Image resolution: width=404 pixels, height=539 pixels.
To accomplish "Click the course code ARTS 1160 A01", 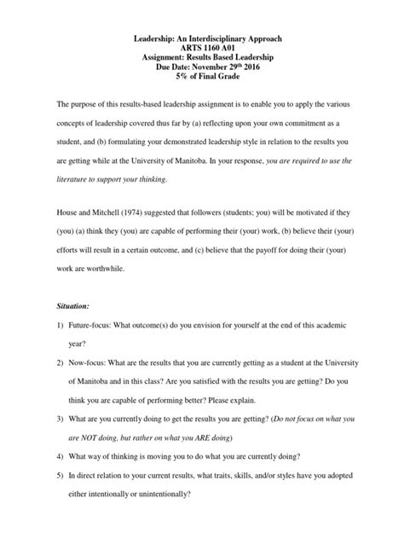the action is [x=202, y=51].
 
